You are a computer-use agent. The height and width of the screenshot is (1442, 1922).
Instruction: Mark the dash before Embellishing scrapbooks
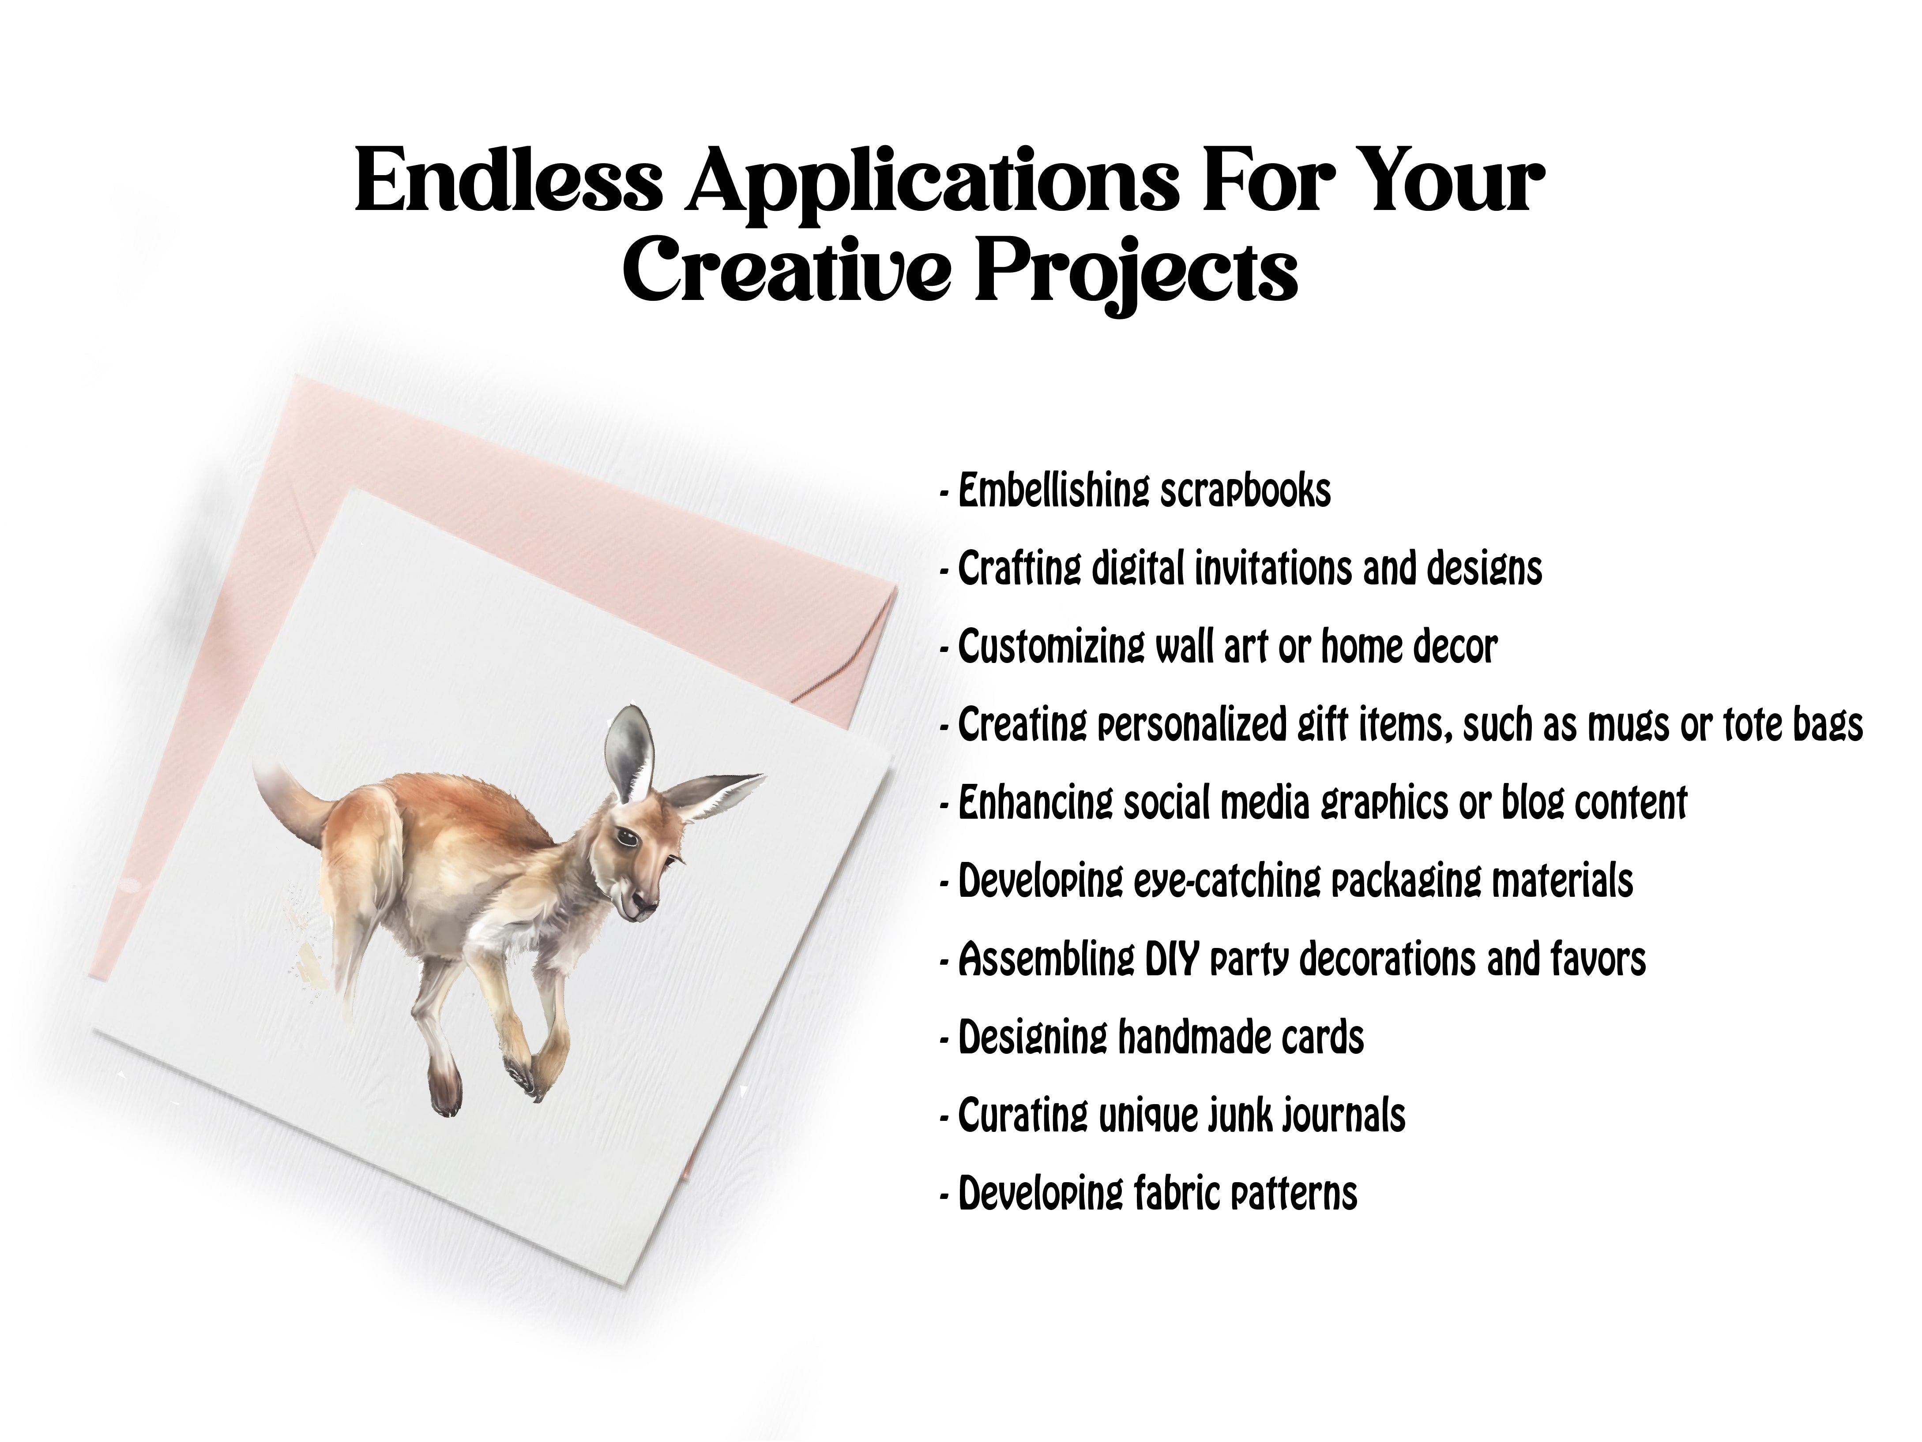944,495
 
